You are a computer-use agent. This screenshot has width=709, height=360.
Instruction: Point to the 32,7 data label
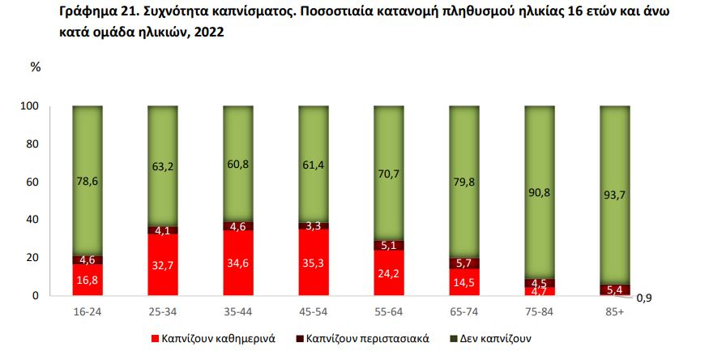coord(163,264)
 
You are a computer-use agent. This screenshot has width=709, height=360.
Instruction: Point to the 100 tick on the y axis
coord(31,106)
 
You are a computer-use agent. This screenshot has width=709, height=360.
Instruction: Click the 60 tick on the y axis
coord(33,182)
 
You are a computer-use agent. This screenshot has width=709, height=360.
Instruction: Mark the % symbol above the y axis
coord(35,67)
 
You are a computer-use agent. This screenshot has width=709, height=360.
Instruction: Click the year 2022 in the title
coord(209,33)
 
